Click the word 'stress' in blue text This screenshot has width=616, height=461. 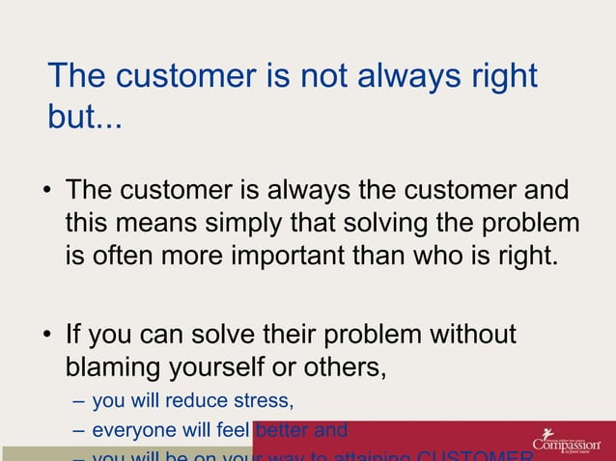click(x=261, y=400)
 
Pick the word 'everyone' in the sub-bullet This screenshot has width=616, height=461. click(x=129, y=430)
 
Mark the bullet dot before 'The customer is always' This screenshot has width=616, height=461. click(x=46, y=191)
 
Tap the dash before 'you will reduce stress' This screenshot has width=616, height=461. click(x=78, y=400)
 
